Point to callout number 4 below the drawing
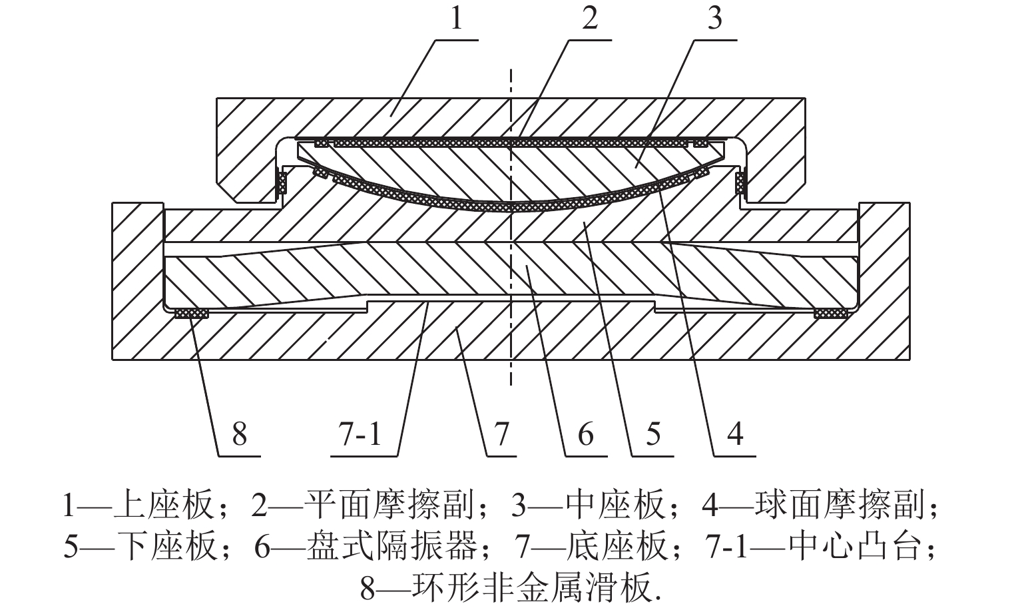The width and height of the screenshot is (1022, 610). tap(734, 434)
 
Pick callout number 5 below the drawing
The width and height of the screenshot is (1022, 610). tap(652, 434)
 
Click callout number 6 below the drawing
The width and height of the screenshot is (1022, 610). tap(585, 434)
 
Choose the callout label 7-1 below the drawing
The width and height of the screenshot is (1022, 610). tap(364, 434)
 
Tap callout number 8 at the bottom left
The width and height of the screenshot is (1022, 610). tap(239, 434)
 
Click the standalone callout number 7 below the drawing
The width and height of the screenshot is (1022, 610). tap(501, 434)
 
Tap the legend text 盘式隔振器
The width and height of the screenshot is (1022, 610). tap(392, 547)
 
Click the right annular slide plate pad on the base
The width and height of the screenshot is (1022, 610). tap(830, 312)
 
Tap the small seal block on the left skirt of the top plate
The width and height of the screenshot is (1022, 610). tap(282, 182)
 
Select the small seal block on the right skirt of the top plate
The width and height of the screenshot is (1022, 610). tap(740, 182)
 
